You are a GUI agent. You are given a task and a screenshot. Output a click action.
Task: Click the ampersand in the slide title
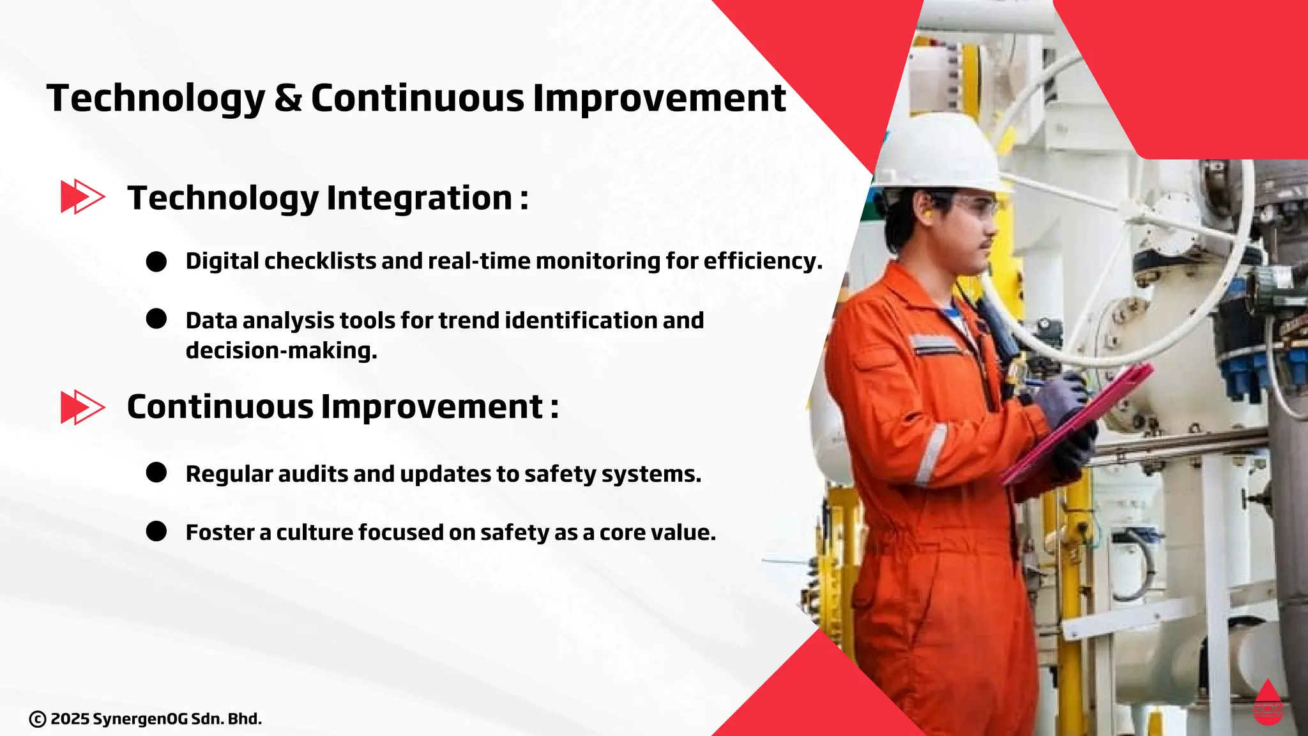pyautogui.click(x=288, y=98)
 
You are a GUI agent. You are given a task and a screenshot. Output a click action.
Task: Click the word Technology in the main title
pyautogui.click(x=156, y=100)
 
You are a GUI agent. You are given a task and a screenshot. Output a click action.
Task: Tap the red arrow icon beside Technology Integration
pyautogui.click(x=82, y=196)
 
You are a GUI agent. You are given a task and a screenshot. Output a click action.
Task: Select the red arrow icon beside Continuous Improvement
pyautogui.click(x=82, y=406)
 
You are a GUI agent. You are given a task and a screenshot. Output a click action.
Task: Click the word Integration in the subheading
pyautogui.click(x=420, y=198)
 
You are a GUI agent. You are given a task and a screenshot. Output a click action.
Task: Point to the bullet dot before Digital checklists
pyautogui.click(x=156, y=261)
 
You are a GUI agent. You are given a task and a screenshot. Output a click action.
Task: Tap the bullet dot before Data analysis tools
pyautogui.click(x=156, y=319)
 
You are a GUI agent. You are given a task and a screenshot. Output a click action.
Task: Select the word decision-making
pyautogui.click(x=281, y=351)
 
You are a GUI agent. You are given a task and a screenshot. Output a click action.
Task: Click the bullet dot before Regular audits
pyautogui.click(x=156, y=473)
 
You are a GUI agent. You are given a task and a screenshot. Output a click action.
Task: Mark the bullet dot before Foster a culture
pyautogui.click(x=156, y=531)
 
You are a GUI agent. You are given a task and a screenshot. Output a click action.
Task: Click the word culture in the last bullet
pyautogui.click(x=315, y=532)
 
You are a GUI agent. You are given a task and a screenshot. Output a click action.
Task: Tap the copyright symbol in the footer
pyautogui.click(x=38, y=719)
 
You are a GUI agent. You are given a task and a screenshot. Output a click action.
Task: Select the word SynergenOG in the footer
pyautogui.click(x=141, y=719)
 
